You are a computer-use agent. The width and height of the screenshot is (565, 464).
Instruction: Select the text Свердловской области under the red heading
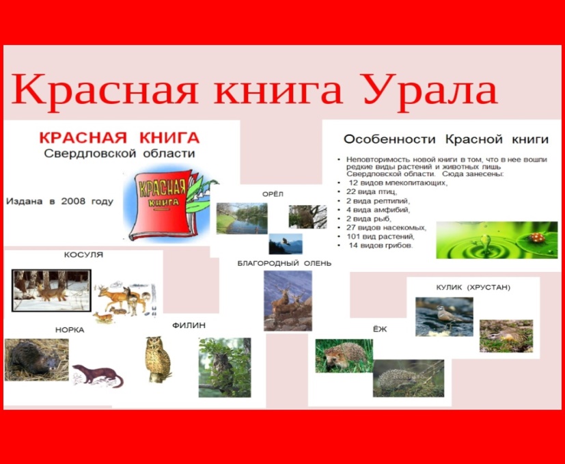120,153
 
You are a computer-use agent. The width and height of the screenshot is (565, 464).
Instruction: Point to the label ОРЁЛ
273,194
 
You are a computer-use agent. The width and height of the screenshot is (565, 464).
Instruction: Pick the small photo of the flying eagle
286,244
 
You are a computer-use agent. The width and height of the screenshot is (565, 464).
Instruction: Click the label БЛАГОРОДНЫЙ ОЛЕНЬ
284,263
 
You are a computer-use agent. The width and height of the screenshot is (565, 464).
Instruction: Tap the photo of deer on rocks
288,301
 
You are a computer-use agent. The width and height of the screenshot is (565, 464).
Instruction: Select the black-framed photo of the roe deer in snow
51,290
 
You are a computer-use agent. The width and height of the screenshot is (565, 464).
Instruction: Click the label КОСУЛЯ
83,254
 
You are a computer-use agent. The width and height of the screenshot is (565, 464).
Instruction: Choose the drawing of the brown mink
98,375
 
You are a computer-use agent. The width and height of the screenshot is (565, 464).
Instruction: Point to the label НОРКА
70,330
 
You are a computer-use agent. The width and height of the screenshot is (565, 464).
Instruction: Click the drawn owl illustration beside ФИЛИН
157,359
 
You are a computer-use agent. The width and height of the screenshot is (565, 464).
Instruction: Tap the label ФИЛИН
189,325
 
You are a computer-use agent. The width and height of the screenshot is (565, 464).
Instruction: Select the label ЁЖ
381,329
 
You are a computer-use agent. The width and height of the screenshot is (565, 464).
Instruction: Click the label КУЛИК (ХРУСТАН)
473,287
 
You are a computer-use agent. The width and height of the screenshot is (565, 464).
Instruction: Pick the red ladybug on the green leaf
537,237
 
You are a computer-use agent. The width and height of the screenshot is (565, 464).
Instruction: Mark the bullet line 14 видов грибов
381,246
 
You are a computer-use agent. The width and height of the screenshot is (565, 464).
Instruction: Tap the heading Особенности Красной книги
446,139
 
